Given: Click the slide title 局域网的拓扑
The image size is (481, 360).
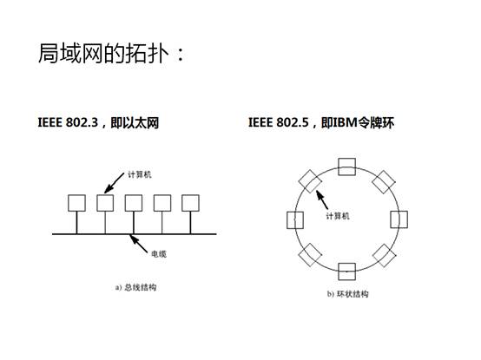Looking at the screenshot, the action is click(x=103, y=53).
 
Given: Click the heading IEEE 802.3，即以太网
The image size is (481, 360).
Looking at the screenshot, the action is click(x=98, y=122).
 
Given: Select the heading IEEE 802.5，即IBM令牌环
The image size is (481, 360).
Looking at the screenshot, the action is click(x=321, y=122).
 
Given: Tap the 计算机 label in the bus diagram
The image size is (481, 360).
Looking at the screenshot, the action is click(x=140, y=174).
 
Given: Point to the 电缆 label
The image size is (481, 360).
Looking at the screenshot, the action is click(x=159, y=254).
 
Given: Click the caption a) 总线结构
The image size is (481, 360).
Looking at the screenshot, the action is click(x=136, y=287).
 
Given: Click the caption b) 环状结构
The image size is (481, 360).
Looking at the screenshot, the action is click(x=347, y=294).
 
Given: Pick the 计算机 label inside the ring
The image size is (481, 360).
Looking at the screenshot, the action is click(x=338, y=216).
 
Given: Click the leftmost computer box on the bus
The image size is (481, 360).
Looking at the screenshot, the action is click(x=76, y=203).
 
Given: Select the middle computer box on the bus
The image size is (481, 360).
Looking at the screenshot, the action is click(x=134, y=203).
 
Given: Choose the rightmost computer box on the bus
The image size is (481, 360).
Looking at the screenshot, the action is click(x=190, y=203).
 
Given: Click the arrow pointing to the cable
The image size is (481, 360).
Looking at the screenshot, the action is click(x=138, y=243).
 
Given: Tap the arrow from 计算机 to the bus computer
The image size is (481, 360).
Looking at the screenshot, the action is click(x=114, y=183).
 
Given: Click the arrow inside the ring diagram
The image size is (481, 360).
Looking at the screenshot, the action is click(x=322, y=200).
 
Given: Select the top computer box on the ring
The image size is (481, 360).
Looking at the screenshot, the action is click(x=347, y=167).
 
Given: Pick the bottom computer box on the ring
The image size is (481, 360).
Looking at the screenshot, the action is click(x=347, y=272).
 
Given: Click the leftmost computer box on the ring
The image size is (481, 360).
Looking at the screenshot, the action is click(x=295, y=220).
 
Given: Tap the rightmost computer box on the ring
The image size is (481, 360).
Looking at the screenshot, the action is click(x=399, y=219).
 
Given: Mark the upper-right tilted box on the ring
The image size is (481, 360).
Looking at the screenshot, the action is click(x=384, y=182).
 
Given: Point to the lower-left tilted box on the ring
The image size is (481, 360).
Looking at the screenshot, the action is click(x=310, y=255).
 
